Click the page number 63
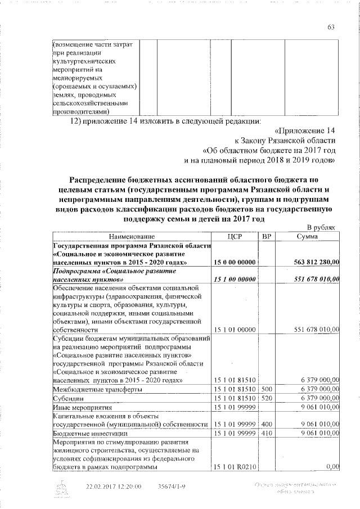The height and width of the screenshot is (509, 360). [331, 28]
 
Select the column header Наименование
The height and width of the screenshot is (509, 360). [132, 237]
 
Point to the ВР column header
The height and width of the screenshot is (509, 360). [267, 237]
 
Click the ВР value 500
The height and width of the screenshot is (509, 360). [267, 389]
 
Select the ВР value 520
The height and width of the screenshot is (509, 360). [267, 398]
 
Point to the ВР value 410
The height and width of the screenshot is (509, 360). [267, 434]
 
